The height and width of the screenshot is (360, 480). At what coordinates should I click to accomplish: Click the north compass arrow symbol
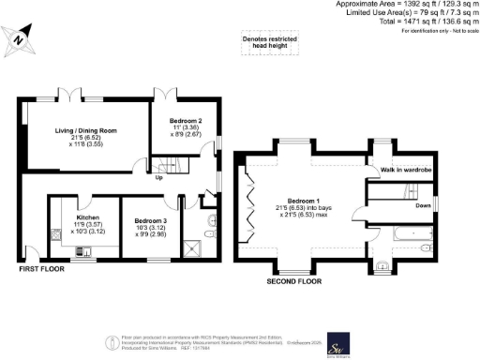pyautogui.click(x=21, y=39)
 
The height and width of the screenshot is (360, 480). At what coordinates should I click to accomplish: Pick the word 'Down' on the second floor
pyautogui.click(x=424, y=205)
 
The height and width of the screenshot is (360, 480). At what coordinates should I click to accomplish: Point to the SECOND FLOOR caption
pyautogui.click(x=294, y=280)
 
